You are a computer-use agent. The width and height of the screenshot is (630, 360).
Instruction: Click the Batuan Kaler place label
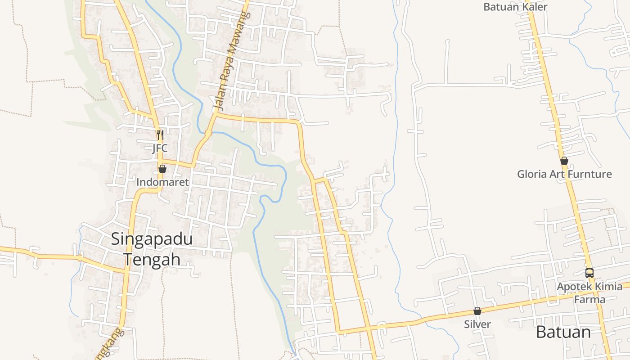(515, 7)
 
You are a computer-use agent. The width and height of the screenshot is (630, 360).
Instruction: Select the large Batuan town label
(563, 332)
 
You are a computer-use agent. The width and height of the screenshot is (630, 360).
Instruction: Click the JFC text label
(160, 148)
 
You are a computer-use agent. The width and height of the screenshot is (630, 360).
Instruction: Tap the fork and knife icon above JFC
(160, 134)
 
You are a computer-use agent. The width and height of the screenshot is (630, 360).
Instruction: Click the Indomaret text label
(162, 182)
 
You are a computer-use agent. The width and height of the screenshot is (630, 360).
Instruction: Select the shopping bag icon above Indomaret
(162, 169)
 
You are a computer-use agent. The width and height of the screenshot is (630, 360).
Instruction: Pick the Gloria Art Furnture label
(564, 174)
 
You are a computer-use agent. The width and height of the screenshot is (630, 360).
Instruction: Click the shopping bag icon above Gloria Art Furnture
(564, 161)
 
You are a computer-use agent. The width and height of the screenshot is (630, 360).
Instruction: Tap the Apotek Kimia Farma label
(589, 292)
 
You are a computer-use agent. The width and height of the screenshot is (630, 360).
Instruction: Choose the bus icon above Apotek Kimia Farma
(589, 273)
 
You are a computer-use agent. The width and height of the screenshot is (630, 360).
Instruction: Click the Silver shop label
(477, 324)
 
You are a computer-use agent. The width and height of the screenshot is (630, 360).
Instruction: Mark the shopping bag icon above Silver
(477, 311)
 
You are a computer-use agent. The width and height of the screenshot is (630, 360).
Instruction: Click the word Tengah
(152, 259)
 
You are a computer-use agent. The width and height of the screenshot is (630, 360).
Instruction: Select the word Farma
(589, 299)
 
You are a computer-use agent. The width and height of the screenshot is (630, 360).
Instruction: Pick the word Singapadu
(152, 239)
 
